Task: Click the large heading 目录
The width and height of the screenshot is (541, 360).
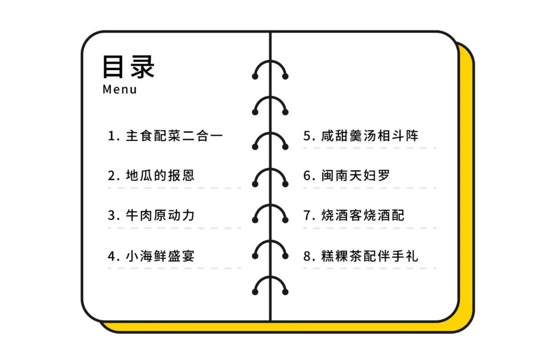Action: tap(129, 67)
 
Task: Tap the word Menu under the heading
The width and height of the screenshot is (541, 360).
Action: tap(120, 90)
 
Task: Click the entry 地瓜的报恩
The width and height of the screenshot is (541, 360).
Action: tap(160, 176)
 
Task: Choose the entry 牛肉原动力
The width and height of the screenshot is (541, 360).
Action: tap(160, 216)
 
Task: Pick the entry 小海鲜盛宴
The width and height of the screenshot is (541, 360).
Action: tap(160, 256)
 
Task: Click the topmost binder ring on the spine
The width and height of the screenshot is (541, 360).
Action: tap(270, 70)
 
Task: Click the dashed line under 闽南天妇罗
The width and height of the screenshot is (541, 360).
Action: tap(370, 188)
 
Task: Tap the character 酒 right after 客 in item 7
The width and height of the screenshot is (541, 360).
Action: tap(384, 216)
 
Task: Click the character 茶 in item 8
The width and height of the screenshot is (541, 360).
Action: tap(356, 256)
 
